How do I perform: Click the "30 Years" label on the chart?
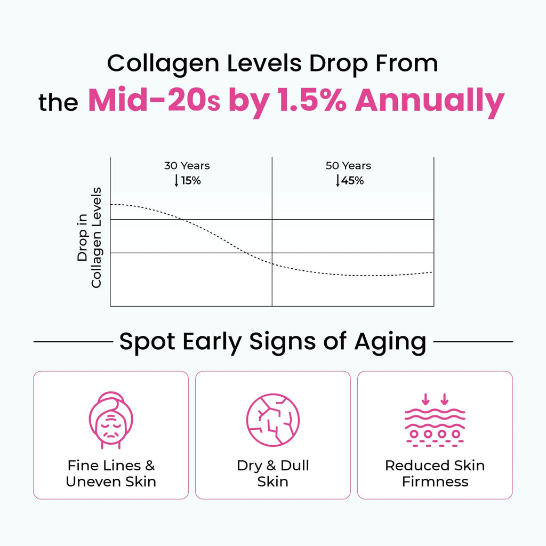[187, 166]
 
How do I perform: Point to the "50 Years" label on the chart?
[348, 166]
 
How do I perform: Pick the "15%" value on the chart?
[190, 180]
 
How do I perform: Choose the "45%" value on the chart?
[353, 180]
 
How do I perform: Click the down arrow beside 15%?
[176, 180]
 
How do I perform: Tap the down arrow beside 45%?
[338, 180]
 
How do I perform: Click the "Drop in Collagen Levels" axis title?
[89, 237]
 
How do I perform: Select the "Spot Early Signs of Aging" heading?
[272, 341]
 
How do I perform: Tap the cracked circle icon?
[272, 420]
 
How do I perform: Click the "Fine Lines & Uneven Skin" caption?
[111, 473]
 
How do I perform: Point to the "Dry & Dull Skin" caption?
[272, 473]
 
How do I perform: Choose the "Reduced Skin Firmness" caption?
[435, 473]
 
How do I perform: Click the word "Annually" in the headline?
[429, 100]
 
